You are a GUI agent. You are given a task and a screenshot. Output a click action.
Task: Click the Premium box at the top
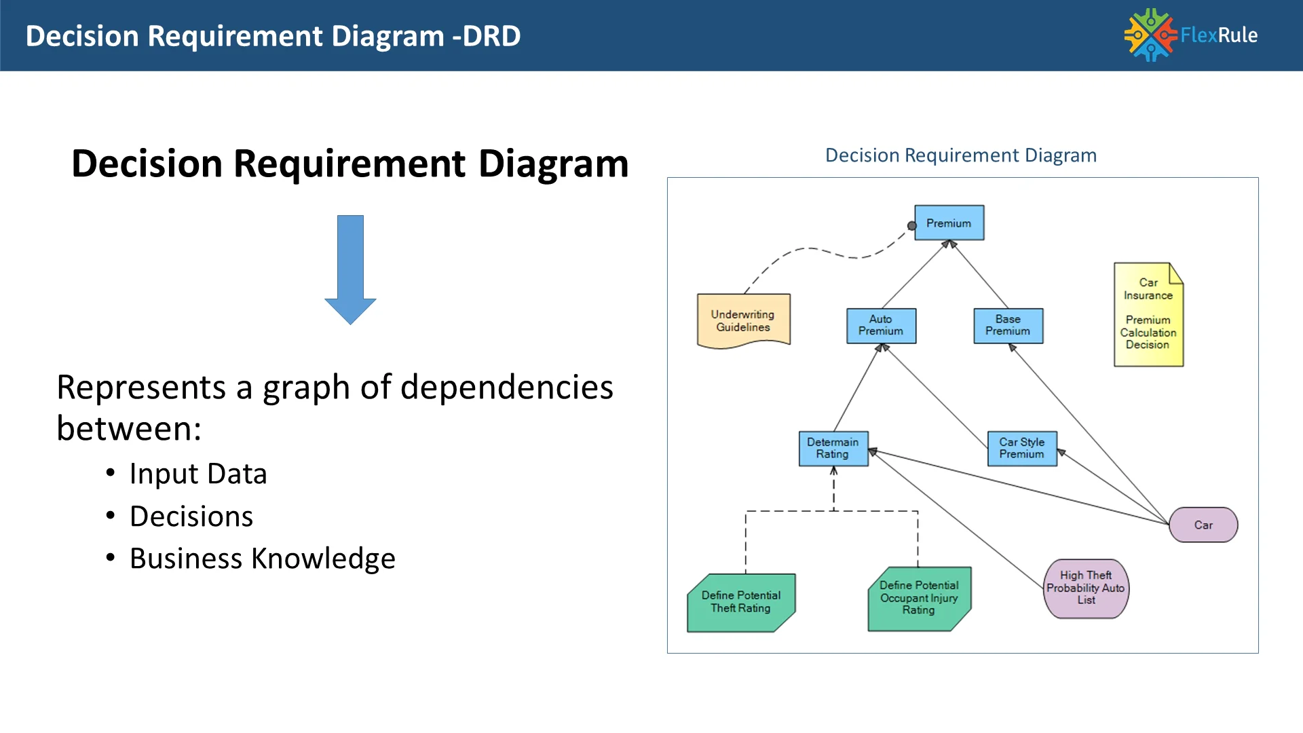pos(949,223)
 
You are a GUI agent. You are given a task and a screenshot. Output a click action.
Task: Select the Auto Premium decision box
pos(881,326)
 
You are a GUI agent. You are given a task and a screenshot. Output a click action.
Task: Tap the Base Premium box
pos(1008,326)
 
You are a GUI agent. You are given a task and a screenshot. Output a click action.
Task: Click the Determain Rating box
pos(833,449)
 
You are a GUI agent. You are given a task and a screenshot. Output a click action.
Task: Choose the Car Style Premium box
pos(1022,449)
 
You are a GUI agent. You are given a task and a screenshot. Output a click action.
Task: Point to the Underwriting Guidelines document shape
pos(743,320)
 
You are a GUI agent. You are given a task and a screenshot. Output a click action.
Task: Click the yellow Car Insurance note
pos(1148,315)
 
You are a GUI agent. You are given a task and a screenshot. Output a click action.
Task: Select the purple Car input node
pos(1203,525)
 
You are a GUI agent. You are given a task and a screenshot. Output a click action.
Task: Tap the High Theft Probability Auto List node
pos(1086,588)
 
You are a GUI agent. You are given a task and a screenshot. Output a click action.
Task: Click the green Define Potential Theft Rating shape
pos(741,602)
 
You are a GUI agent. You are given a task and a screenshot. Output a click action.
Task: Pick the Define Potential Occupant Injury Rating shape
pos(920,599)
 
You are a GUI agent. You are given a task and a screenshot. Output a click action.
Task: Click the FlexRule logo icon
pos(1150,35)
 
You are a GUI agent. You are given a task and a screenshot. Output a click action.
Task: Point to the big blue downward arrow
pos(350,269)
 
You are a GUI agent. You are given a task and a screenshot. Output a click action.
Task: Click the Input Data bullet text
pos(198,474)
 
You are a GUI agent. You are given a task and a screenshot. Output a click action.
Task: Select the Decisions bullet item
pos(191,516)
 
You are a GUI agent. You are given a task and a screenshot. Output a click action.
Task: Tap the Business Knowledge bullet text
pos(263,559)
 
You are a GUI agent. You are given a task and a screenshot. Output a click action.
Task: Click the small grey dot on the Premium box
pos(912,226)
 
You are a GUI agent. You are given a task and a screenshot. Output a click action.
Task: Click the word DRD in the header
pos(491,36)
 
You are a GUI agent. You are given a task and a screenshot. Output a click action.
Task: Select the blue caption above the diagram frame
pos(960,155)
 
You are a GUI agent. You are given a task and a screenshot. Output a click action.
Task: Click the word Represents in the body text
pos(141,388)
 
